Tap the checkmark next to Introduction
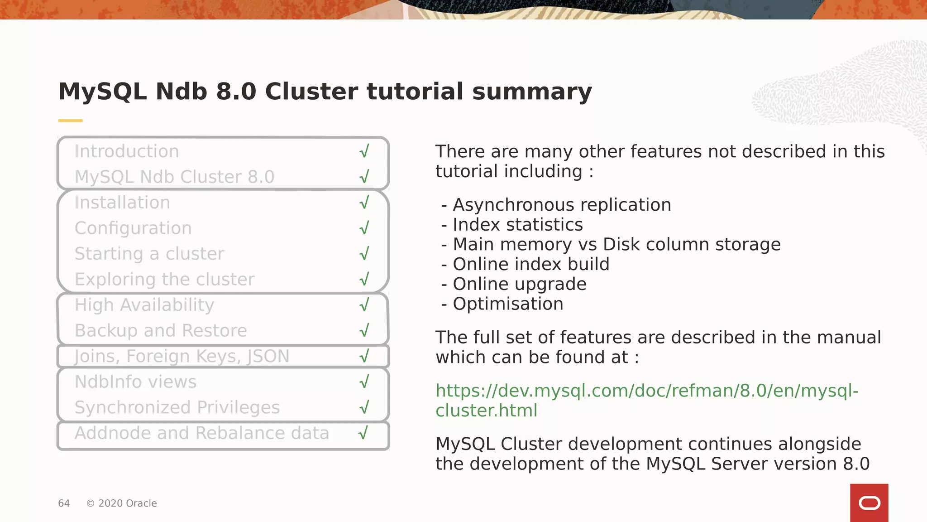tap(364, 151)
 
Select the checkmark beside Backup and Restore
tap(364, 330)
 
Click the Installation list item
tap(122, 203)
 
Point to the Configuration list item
tap(133, 228)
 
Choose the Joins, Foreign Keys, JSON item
tap(182, 356)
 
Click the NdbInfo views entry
tap(135, 382)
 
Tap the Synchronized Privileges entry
tap(177, 407)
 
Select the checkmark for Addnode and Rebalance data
tap(363, 433)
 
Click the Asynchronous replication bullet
tap(561, 205)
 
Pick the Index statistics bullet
tap(517, 225)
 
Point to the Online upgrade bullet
tap(519, 284)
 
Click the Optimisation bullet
tap(508, 304)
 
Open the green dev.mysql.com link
tap(646, 391)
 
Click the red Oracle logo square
tap(869, 503)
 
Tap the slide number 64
tap(64, 503)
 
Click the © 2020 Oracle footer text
tap(121, 503)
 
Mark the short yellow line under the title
tap(70, 121)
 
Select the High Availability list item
tap(144, 305)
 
